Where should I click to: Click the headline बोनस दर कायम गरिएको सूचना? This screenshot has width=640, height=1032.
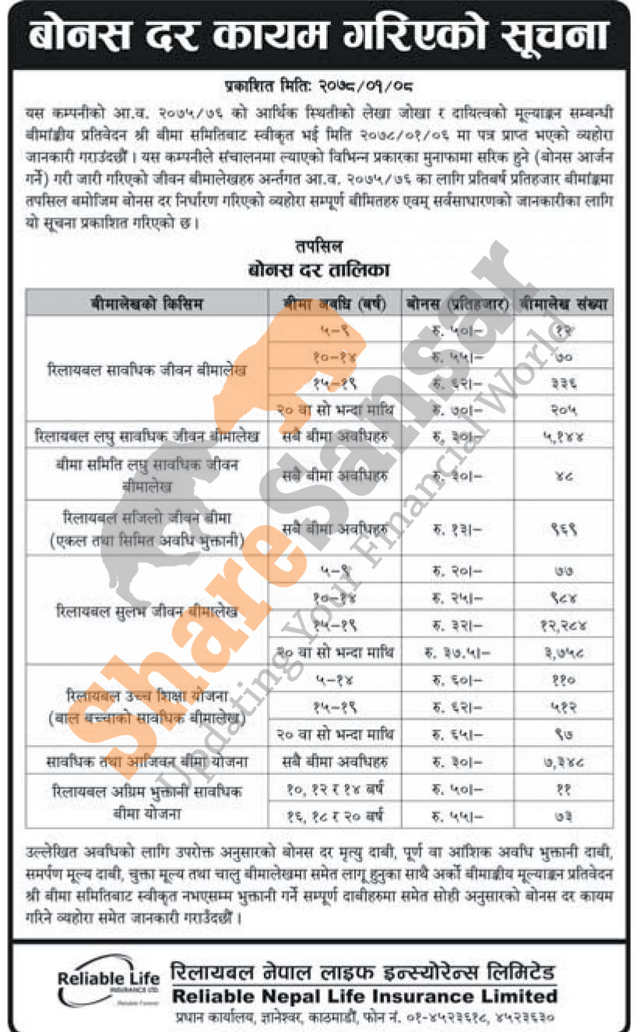[319, 35]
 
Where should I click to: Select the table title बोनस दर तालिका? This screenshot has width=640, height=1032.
[318, 270]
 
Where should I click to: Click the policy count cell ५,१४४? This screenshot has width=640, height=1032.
[564, 435]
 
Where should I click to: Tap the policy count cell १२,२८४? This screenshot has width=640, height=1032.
[564, 625]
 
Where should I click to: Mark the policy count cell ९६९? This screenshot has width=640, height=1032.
[564, 529]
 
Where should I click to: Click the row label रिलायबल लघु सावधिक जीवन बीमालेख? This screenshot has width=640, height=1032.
[146, 435]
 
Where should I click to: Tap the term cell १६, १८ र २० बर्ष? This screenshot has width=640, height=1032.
[335, 815]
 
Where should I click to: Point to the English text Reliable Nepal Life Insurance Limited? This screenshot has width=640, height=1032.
[364, 995]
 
